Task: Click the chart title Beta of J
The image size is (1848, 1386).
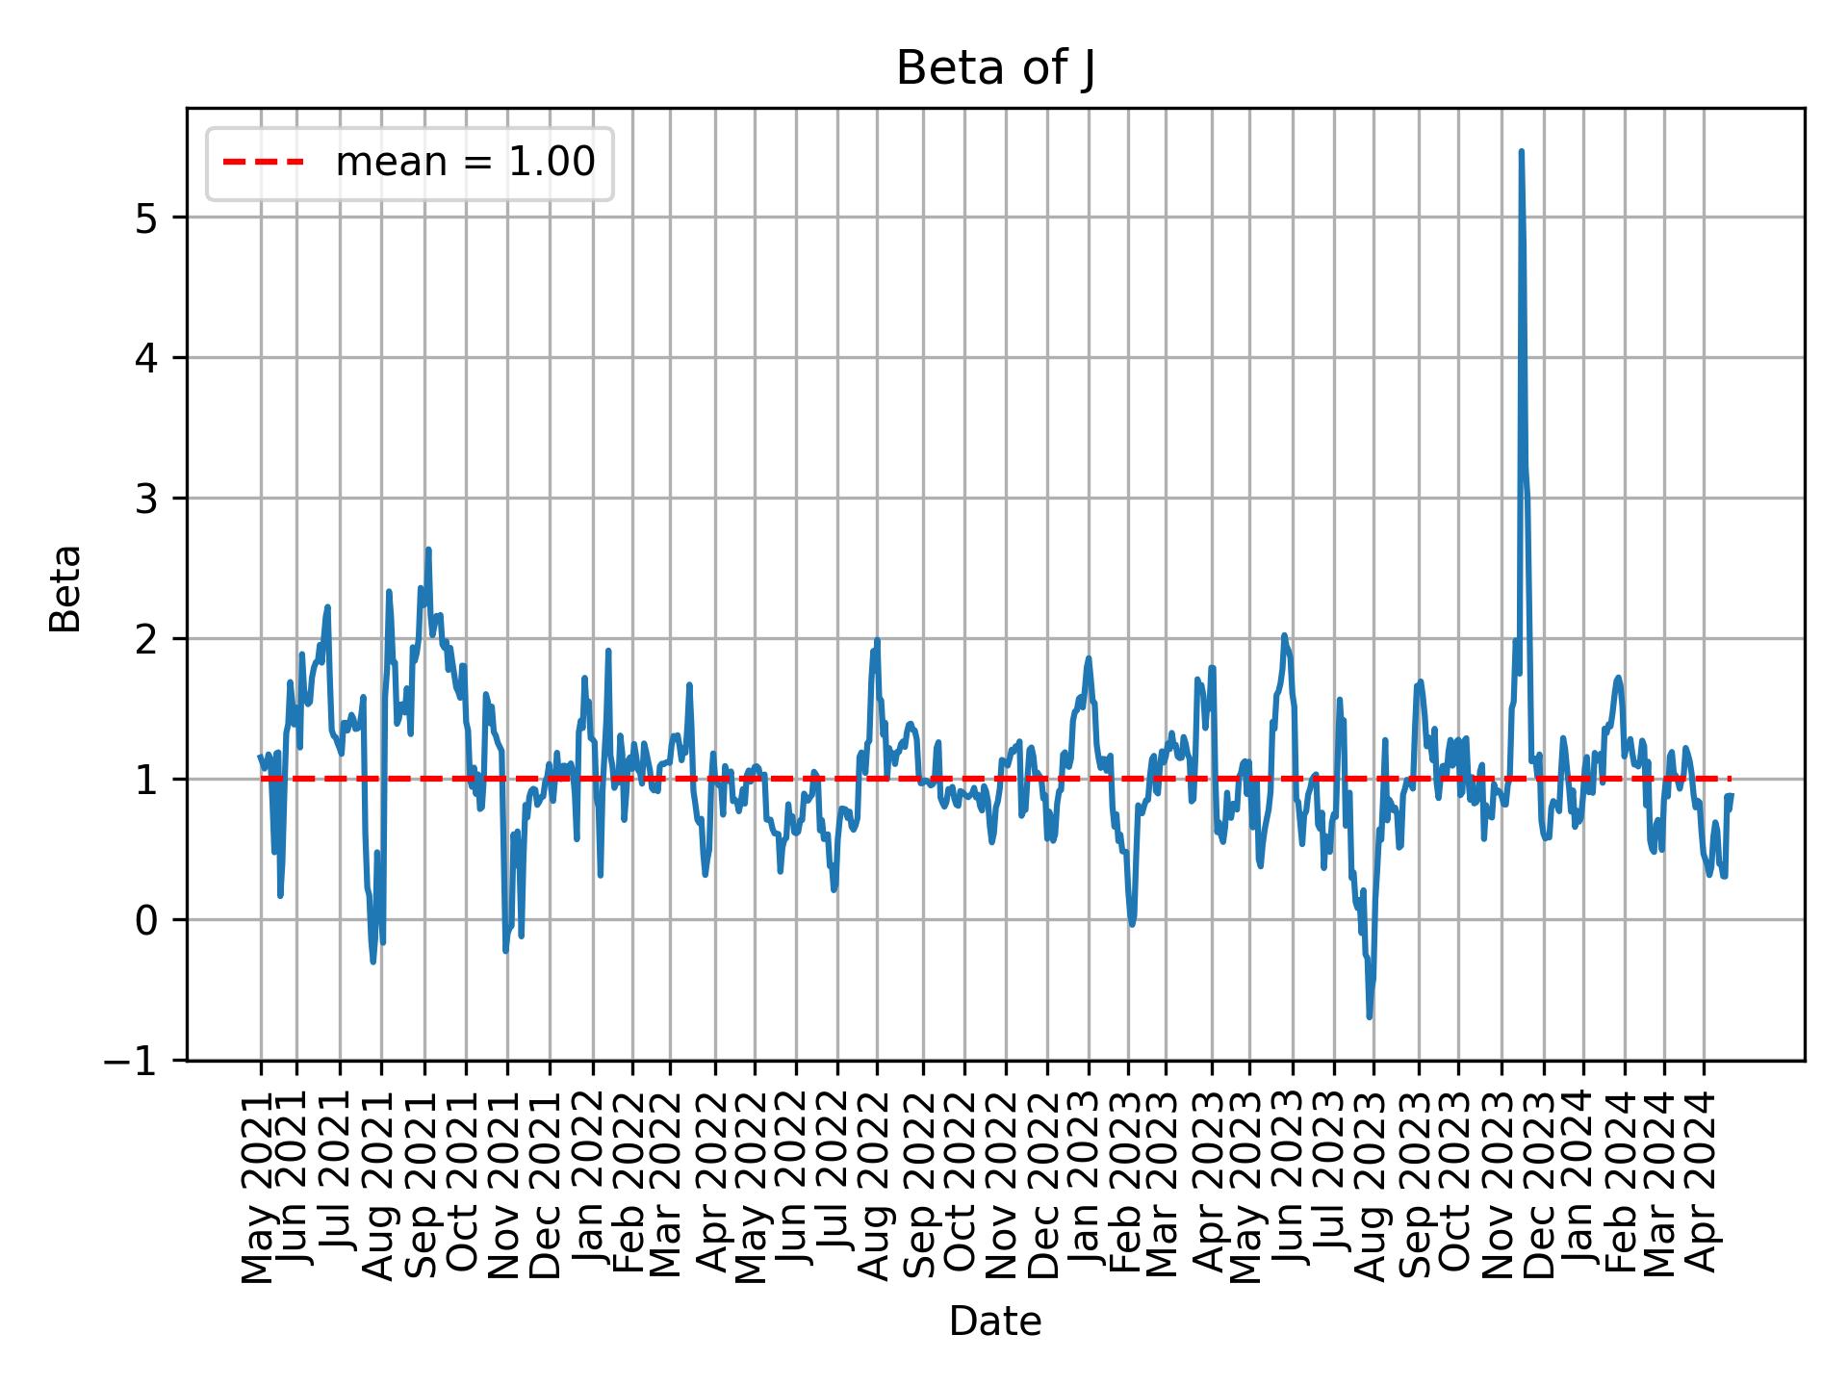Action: point(995,69)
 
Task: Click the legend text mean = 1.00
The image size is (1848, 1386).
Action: point(465,163)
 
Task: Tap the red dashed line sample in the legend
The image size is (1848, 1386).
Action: point(264,163)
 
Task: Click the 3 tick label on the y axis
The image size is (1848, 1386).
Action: point(146,500)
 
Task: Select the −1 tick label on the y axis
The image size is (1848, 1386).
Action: point(139,1061)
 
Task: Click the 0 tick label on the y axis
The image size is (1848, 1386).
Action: point(146,921)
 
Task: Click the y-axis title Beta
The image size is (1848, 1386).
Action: point(65,588)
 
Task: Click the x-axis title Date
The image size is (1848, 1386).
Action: point(995,1322)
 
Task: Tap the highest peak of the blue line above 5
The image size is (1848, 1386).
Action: point(1521,151)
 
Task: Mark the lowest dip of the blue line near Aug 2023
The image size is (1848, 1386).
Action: point(1369,1017)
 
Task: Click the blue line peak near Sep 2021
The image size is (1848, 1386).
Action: point(428,550)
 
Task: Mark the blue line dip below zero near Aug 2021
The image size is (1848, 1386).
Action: point(373,962)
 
